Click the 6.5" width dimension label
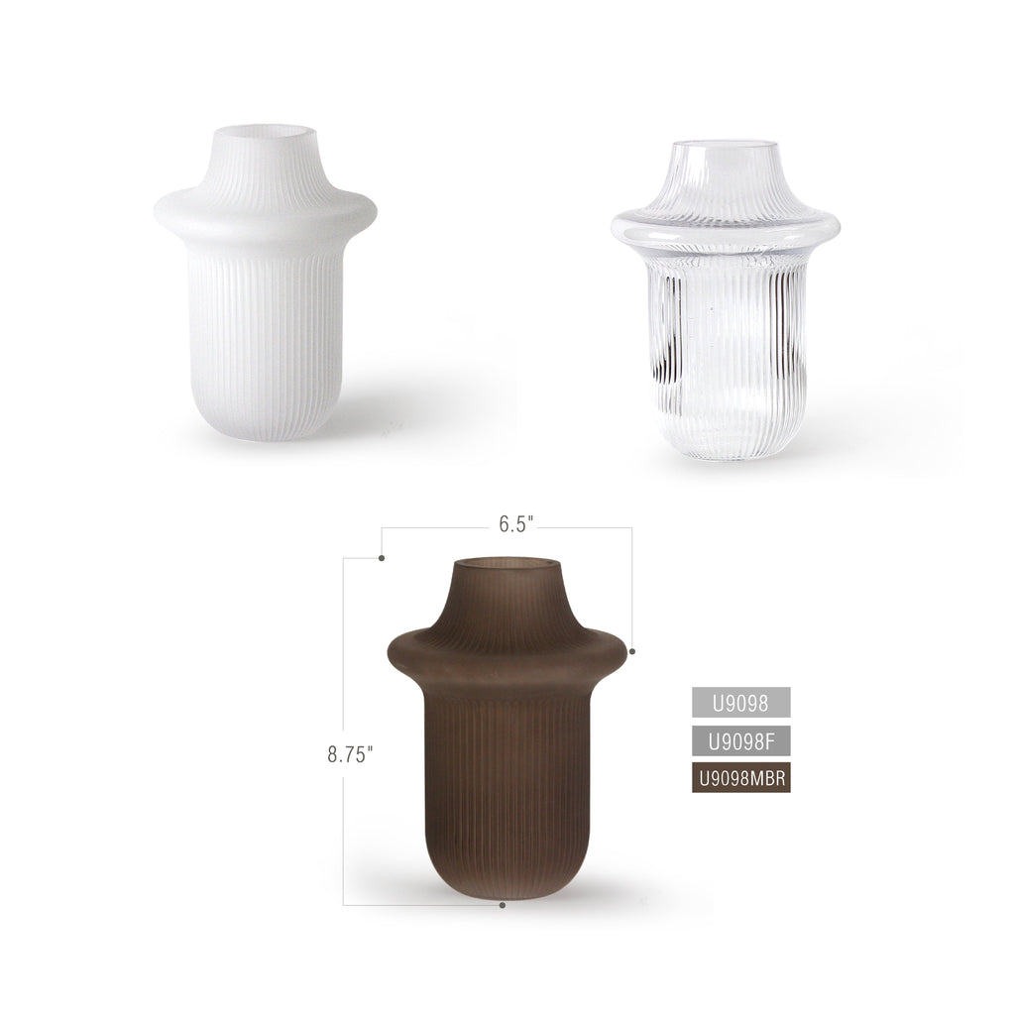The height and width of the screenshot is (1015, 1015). point(511,525)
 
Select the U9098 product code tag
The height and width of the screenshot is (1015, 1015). point(740,703)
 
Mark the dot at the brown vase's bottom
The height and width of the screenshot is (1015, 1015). point(504,905)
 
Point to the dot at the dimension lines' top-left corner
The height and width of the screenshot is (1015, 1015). point(382,558)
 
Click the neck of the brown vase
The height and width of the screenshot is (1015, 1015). point(507,601)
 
